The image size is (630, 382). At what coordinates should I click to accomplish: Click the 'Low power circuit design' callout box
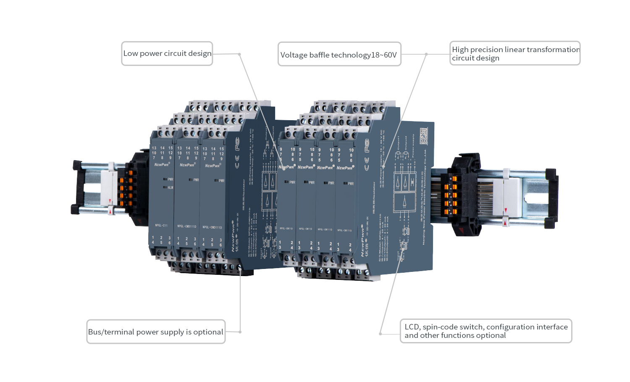point(167,53)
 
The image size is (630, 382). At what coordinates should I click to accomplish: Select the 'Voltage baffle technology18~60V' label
point(339,54)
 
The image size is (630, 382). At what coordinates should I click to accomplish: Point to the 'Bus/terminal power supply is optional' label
point(156,332)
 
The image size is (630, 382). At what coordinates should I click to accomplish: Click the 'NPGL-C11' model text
point(161,226)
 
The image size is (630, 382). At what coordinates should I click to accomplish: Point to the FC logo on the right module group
point(367,145)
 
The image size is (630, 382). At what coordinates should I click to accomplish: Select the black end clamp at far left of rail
point(77,187)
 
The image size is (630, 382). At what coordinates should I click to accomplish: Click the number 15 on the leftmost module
point(171,148)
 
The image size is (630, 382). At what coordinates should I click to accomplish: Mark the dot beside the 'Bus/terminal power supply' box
point(240,332)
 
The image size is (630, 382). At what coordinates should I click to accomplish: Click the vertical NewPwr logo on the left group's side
point(234,235)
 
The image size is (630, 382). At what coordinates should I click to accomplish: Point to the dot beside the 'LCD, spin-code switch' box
point(381,334)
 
